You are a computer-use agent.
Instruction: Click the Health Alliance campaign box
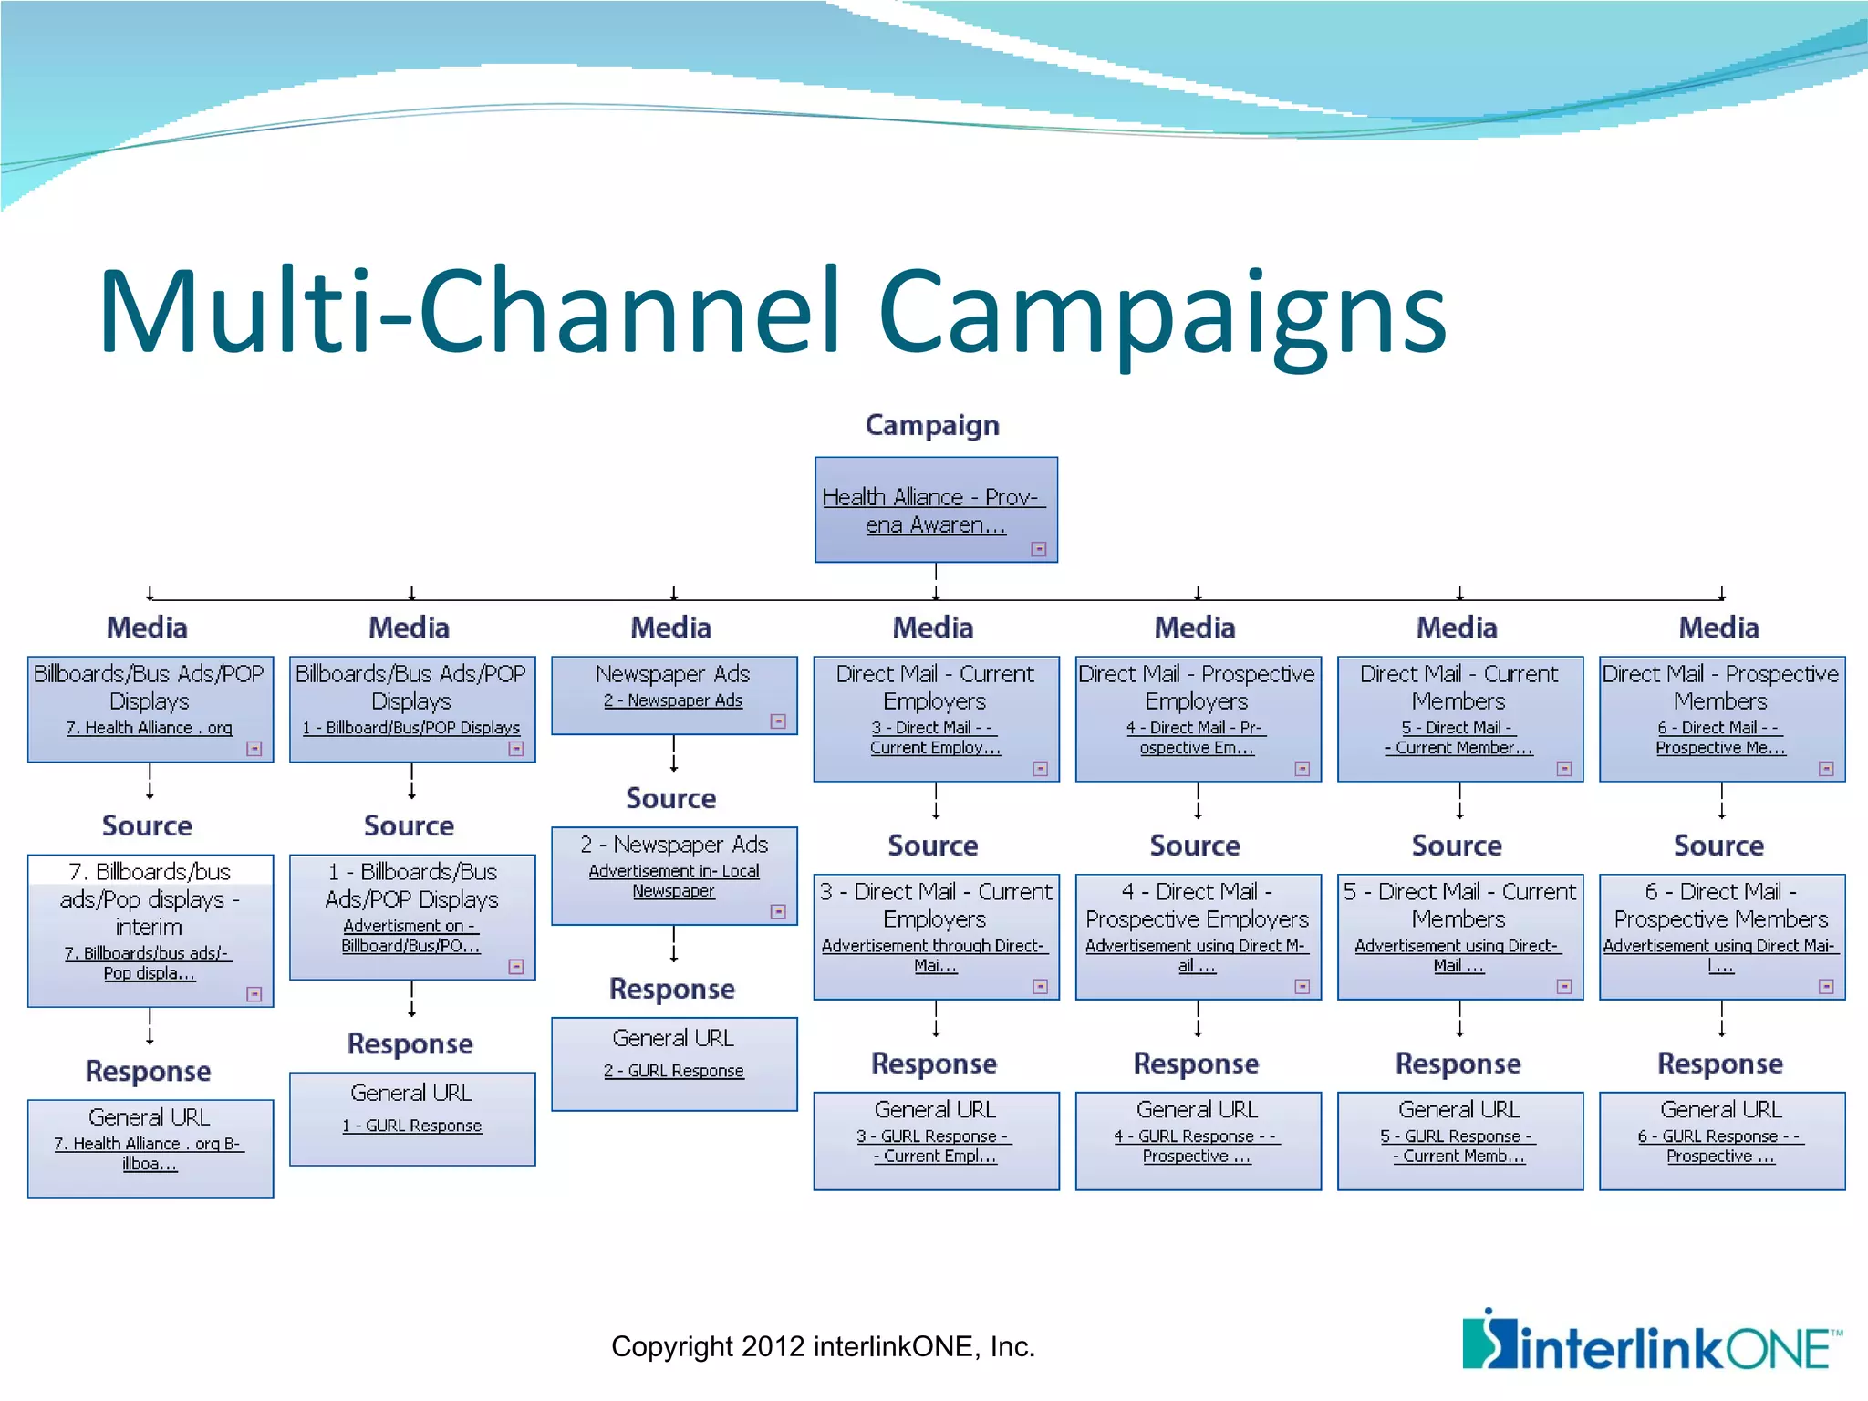[936, 509]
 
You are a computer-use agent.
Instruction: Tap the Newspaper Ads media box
[673, 694]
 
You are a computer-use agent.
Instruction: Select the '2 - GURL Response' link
[673, 1071]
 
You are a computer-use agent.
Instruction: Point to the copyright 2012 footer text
[823, 1346]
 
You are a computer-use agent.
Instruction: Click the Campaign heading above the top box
[932, 425]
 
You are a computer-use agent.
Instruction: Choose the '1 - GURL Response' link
[411, 1126]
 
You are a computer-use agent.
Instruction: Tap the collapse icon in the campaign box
[1038, 549]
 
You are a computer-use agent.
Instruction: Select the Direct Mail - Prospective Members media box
[1721, 717]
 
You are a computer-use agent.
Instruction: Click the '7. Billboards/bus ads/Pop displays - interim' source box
[150, 929]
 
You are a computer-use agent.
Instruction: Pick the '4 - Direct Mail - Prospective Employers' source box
[1198, 936]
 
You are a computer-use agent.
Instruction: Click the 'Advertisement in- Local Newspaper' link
[673, 881]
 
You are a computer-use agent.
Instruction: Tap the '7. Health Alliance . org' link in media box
[149, 728]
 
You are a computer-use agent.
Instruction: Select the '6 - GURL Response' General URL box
[1721, 1140]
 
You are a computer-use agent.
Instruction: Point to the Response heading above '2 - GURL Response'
[672, 989]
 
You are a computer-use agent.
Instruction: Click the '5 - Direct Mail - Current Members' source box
[1459, 936]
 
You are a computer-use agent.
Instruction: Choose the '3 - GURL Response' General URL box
[936, 1140]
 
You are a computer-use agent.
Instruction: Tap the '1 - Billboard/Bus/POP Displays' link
[411, 728]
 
